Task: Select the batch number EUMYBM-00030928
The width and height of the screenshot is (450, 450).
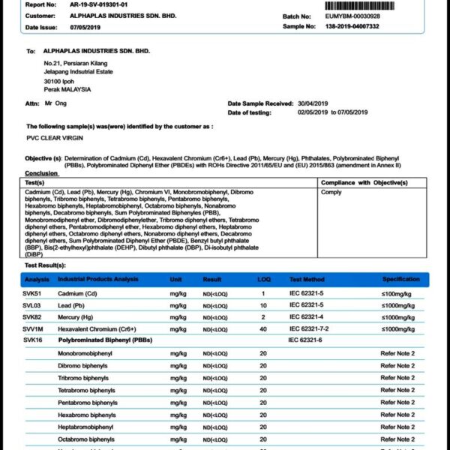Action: click(358, 16)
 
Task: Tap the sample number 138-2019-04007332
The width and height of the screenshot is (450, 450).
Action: click(361, 26)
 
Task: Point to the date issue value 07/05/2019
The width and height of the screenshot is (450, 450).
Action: click(85, 27)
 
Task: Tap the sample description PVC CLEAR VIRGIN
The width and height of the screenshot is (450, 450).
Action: click(54, 138)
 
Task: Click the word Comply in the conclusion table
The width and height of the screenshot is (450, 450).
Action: click(331, 192)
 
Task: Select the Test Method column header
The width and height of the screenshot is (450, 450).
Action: click(307, 279)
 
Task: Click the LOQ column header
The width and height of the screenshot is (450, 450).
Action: click(264, 279)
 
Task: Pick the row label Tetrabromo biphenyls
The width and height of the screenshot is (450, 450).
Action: click(87, 390)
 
